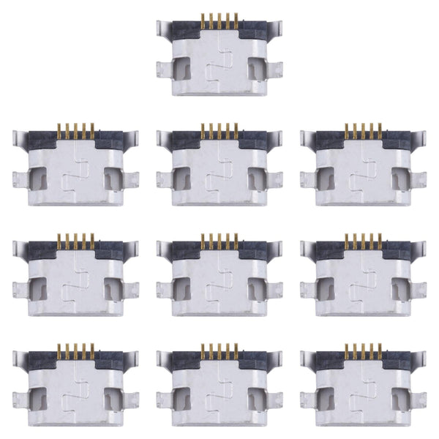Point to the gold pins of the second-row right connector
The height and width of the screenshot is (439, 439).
tap(365, 132)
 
